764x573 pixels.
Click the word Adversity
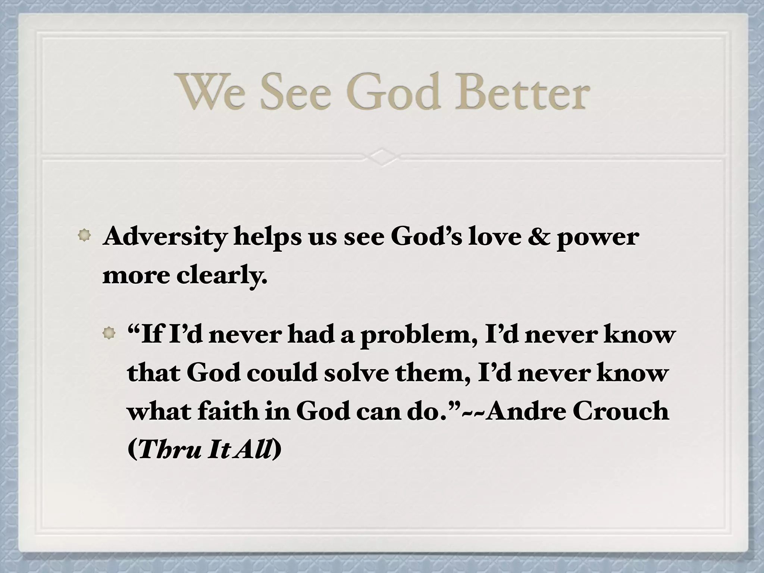coord(165,237)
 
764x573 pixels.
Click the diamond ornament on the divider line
coord(382,157)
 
